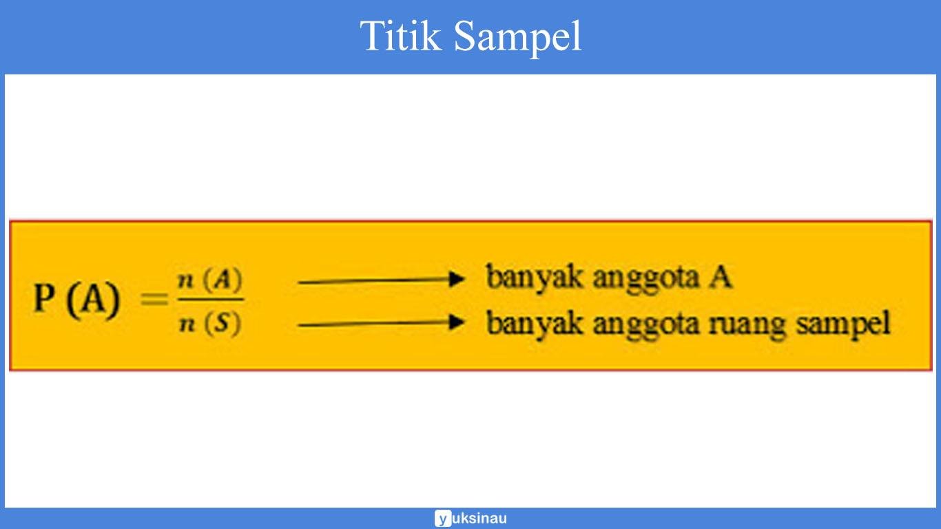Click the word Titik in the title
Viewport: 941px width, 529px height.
pos(400,37)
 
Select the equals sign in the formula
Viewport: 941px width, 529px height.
pos(155,300)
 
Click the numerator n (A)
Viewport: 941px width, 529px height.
pos(211,282)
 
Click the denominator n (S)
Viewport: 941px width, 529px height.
pos(210,323)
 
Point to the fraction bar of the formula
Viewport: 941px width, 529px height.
pos(210,300)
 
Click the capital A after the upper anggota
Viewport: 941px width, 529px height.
pos(719,277)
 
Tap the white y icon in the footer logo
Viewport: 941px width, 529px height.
pos(442,519)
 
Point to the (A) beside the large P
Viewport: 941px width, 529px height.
pos(93,302)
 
